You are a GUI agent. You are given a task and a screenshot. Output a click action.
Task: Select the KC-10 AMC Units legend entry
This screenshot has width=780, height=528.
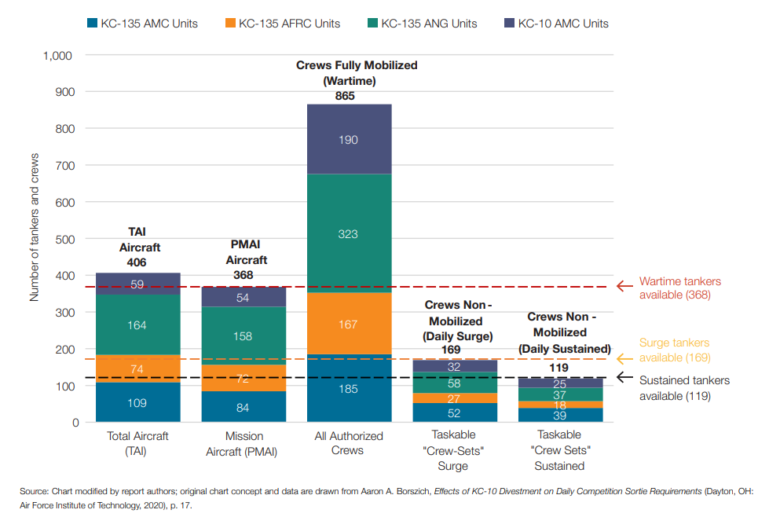[562, 24]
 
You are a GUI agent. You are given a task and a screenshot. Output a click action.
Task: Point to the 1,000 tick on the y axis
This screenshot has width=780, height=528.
[57, 56]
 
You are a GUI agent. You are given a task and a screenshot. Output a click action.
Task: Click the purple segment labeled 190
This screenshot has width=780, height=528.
[349, 139]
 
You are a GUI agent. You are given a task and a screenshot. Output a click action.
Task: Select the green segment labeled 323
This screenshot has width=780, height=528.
[349, 233]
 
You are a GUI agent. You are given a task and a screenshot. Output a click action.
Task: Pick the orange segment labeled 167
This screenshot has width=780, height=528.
[349, 324]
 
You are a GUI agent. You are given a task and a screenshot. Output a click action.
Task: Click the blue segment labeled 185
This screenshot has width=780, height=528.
[349, 389]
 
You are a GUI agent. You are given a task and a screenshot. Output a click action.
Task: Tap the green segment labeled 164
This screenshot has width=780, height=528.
[137, 324]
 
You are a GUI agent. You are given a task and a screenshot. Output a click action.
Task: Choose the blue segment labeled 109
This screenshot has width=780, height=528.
[137, 403]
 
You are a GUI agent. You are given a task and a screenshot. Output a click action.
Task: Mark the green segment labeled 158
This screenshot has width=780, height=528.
[244, 336]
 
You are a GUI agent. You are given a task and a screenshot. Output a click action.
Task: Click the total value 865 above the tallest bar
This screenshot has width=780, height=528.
[345, 96]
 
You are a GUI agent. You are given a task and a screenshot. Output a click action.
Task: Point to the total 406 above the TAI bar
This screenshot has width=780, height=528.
[137, 262]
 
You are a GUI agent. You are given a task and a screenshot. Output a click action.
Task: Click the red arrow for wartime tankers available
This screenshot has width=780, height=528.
[624, 287]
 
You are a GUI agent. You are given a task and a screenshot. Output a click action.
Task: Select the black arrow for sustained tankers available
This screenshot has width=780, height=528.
[624, 377]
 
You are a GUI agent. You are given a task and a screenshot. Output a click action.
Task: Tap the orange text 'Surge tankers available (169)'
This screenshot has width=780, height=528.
[675, 350]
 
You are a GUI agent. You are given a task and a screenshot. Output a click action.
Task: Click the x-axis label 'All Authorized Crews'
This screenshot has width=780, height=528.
[349, 443]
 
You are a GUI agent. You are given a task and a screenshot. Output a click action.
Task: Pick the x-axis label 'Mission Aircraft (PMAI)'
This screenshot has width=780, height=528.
[244, 443]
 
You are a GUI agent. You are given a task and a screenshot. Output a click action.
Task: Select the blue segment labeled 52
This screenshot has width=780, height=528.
[454, 413]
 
